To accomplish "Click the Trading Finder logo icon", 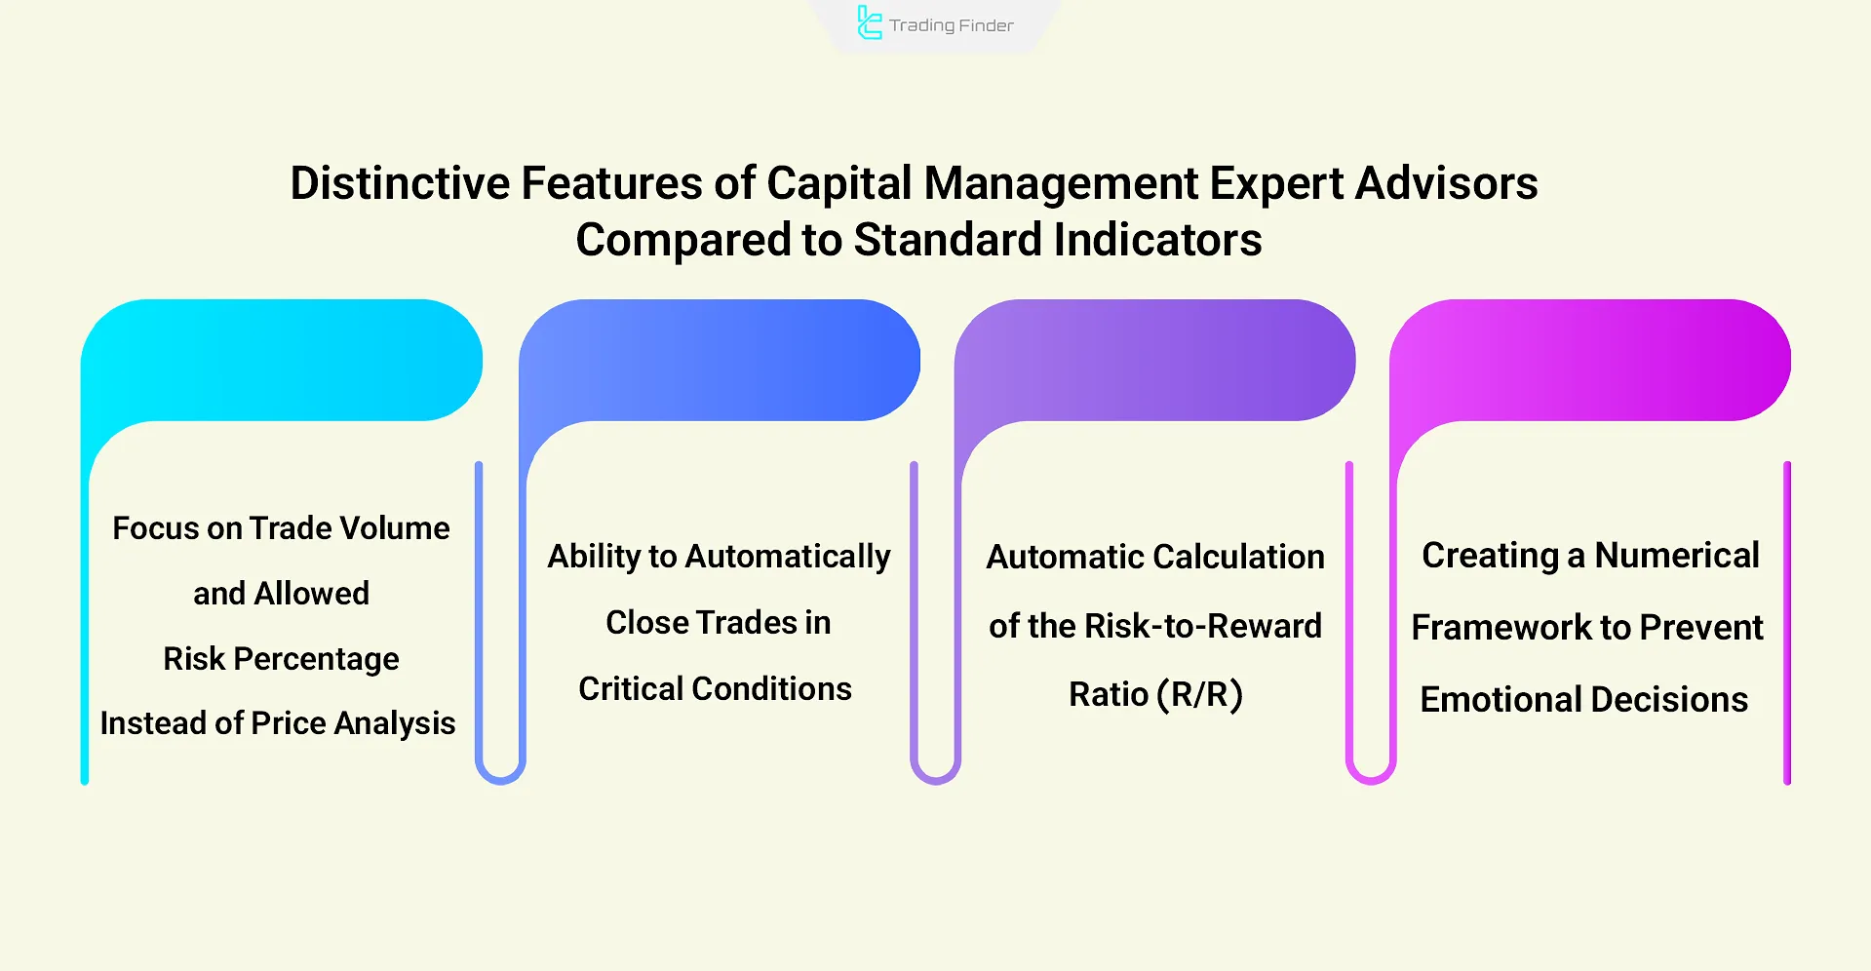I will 869,23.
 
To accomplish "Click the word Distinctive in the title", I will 400,183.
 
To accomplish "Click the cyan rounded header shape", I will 283,361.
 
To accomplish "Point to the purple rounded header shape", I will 1155,361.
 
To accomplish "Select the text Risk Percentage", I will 281,659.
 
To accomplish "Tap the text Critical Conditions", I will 715,689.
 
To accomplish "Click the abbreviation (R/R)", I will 1199,695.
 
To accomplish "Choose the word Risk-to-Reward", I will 1202,626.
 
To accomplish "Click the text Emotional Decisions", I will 1583,700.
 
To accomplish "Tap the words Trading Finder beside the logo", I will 951,25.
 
